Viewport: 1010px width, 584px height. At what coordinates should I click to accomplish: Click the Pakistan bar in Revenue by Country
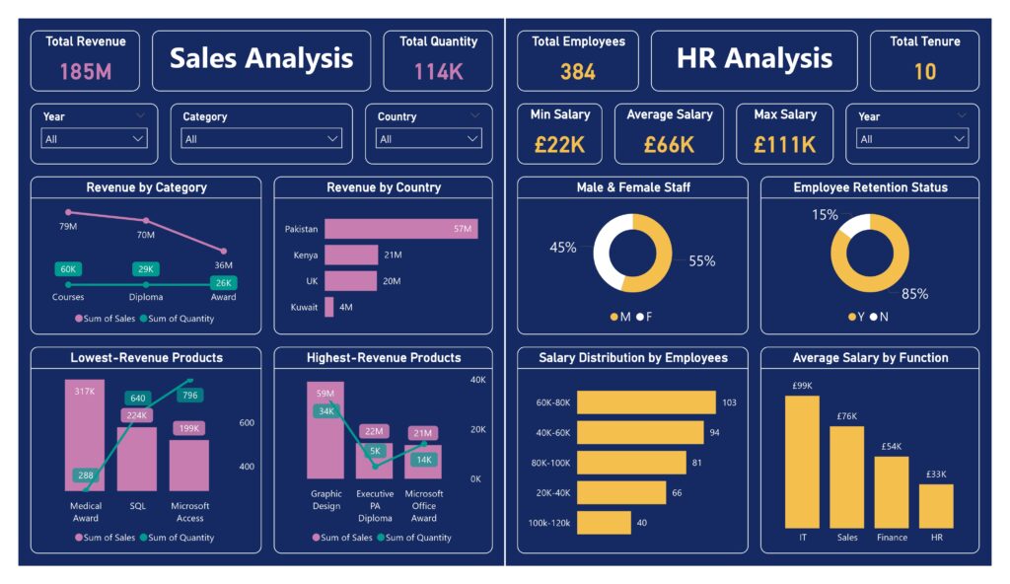[x=400, y=229]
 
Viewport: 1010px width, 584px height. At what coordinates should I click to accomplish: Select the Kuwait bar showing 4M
[x=329, y=307]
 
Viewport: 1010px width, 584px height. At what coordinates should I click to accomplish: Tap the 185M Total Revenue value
[x=85, y=71]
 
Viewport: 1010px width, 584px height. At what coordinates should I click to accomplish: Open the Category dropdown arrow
[x=333, y=139]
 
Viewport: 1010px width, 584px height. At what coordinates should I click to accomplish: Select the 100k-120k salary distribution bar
[x=604, y=522]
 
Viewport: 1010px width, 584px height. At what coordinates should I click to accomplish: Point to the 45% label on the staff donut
[x=563, y=248]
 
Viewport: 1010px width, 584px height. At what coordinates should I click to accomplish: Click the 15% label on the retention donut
[x=825, y=215]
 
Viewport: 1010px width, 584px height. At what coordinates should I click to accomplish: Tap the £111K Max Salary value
[x=784, y=145]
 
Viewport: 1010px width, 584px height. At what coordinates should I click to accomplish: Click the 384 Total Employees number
[x=578, y=71]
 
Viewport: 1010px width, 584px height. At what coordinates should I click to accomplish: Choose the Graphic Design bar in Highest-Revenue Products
[x=325, y=430]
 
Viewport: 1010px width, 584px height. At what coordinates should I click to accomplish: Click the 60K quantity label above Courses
[x=68, y=269]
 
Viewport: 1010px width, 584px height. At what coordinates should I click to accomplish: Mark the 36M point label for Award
[x=224, y=265]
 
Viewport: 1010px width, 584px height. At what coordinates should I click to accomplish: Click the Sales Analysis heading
[x=261, y=58]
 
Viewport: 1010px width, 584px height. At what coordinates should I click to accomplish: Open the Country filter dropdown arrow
[x=474, y=139]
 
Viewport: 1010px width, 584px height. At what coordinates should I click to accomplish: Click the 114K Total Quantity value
[x=438, y=71]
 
